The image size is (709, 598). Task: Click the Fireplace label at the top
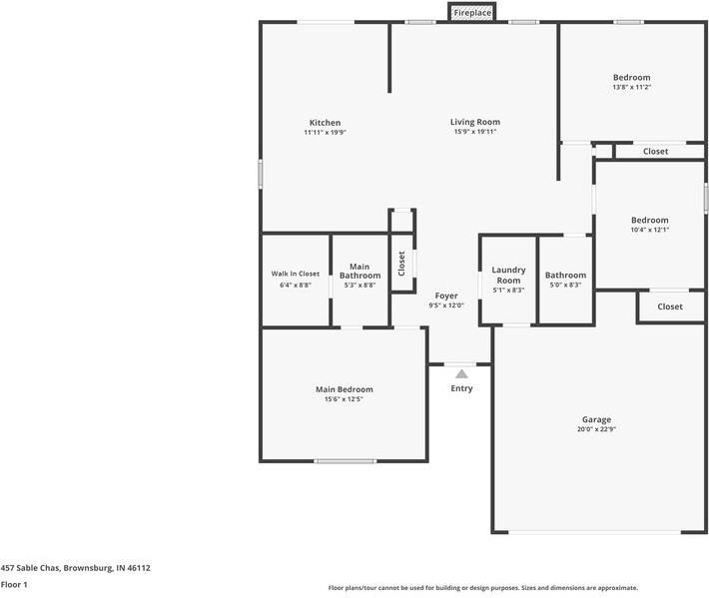tap(472, 13)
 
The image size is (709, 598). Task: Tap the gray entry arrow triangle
tap(461, 373)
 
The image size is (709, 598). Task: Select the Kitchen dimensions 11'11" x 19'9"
tap(326, 133)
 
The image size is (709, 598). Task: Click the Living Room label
tap(475, 122)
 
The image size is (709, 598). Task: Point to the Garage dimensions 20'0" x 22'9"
tap(596, 429)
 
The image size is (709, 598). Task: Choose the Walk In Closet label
tap(296, 274)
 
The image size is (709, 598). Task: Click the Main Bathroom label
tap(359, 271)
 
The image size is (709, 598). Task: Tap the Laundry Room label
tap(508, 275)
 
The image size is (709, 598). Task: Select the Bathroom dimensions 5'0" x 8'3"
tap(565, 285)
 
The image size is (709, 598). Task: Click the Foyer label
tap(446, 296)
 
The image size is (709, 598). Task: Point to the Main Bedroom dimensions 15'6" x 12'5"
tap(344, 399)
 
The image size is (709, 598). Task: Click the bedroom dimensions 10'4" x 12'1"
tap(650, 230)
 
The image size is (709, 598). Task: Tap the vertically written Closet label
tap(401, 264)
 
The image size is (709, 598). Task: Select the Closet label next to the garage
tap(670, 306)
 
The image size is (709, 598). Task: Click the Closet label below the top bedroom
tap(656, 152)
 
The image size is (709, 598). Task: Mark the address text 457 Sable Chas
tap(30, 568)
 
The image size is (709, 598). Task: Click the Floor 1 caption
tap(14, 584)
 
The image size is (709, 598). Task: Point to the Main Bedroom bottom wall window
tap(345, 461)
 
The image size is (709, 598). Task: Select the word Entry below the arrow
tap(461, 388)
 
